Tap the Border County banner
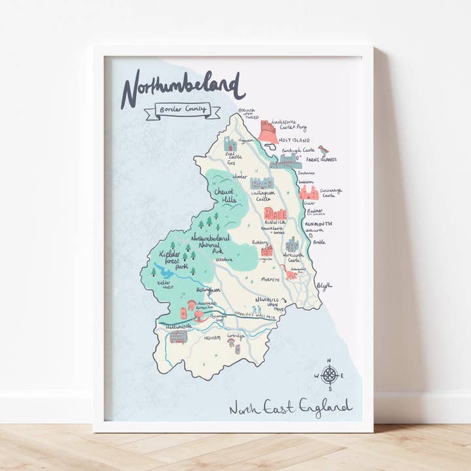(183, 109)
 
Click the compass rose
(330, 375)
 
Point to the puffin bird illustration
(324, 150)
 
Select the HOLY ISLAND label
(292, 138)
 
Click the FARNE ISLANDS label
(320, 159)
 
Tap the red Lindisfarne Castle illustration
(268, 131)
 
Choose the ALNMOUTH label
(319, 223)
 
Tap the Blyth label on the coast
(324, 285)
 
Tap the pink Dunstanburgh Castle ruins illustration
(308, 192)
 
